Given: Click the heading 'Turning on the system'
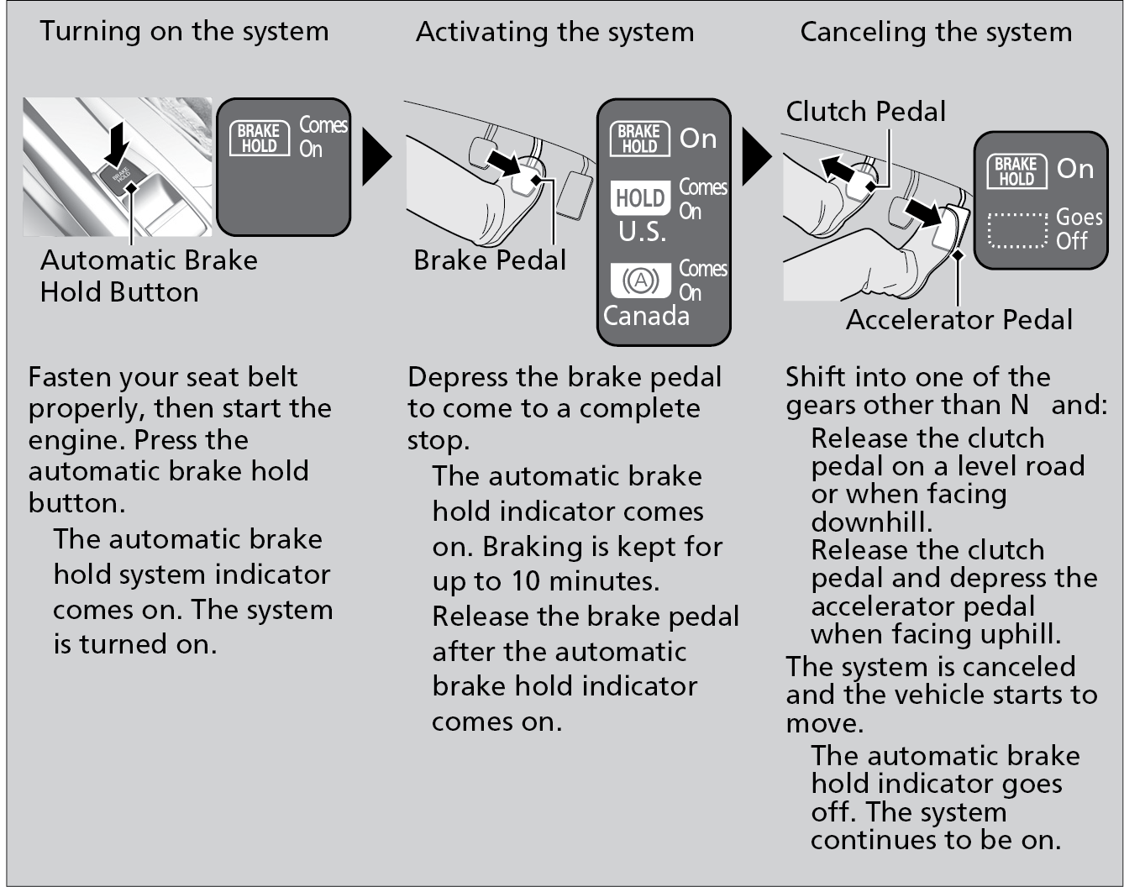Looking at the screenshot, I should [x=184, y=32].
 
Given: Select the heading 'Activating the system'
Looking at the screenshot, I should [x=554, y=33].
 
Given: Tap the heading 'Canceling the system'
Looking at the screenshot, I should [x=936, y=33].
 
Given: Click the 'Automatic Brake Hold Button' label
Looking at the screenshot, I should [x=149, y=276].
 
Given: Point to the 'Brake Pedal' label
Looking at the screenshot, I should [x=490, y=260].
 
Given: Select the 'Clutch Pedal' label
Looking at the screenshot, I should [x=865, y=112].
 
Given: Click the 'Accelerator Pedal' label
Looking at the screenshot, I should [x=959, y=320].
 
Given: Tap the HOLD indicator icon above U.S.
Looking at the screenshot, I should [x=640, y=198].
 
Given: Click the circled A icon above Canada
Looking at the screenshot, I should [x=640, y=281].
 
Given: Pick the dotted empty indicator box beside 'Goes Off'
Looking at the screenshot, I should [x=1018, y=229].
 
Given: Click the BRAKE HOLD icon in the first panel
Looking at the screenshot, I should [x=259, y=138].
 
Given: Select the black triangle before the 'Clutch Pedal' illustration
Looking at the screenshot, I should [x=756, y=157].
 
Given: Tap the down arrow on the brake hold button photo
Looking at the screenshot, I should [x=116, y=142].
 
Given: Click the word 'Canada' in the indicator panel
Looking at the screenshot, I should [x=646, y=317].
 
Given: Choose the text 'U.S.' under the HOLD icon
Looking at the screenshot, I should [x=643, y=233].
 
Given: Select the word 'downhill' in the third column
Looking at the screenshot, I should [x=870, y=522].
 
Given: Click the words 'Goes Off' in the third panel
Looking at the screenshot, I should [x=1078, y=228].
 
